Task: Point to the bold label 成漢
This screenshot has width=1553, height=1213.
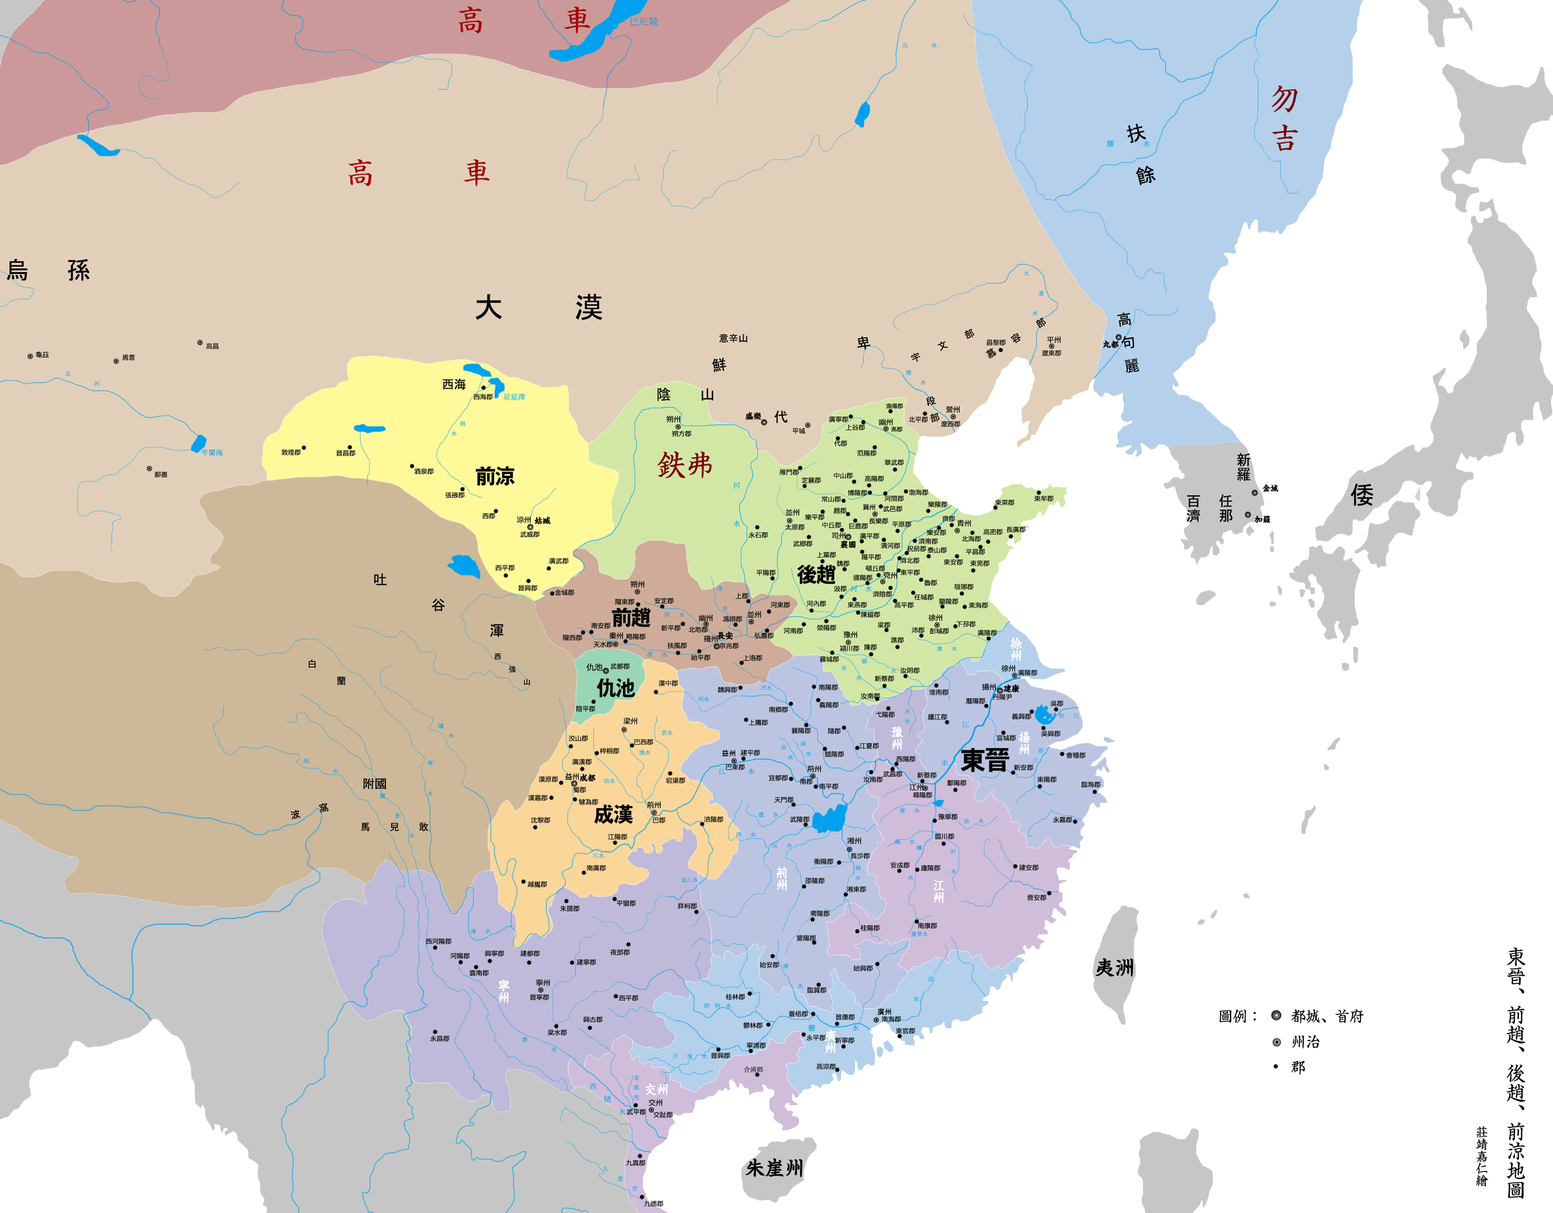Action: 613,815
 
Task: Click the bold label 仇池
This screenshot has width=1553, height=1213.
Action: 615,688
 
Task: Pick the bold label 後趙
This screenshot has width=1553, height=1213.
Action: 816,574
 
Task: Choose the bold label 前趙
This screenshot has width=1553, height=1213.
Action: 631,617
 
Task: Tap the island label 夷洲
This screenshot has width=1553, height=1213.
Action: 1114,968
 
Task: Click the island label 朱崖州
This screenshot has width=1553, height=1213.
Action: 774,1168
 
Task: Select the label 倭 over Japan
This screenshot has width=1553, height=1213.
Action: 1362,495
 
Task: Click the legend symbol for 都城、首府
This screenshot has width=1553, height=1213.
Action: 1277,1016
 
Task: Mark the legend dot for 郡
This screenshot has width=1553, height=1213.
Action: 1277,1067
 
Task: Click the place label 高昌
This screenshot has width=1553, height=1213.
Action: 212,346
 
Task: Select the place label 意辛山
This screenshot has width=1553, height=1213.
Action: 733,338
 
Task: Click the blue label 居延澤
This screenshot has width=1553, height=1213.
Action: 514,397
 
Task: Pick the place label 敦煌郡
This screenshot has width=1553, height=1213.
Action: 291,452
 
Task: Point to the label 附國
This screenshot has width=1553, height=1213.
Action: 375,784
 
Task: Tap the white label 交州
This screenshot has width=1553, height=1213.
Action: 656,1089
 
